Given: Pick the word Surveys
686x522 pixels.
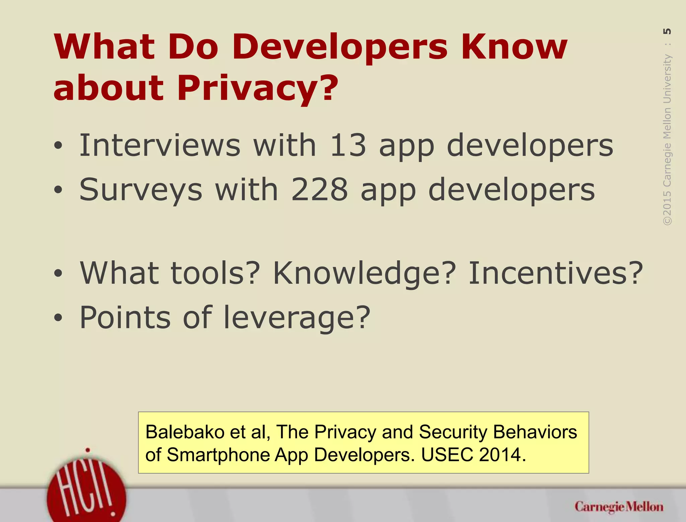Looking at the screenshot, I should (141, 189).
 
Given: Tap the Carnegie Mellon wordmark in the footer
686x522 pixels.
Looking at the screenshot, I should (619, 507).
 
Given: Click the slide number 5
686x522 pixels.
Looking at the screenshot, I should (667, 31).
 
